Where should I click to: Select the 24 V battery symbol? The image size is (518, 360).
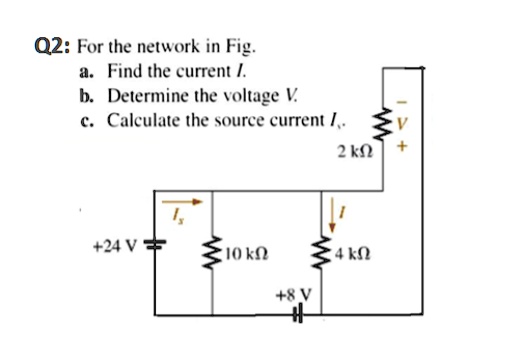(x=156, y=247)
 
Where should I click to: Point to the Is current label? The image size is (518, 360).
(x=181, y=215)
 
